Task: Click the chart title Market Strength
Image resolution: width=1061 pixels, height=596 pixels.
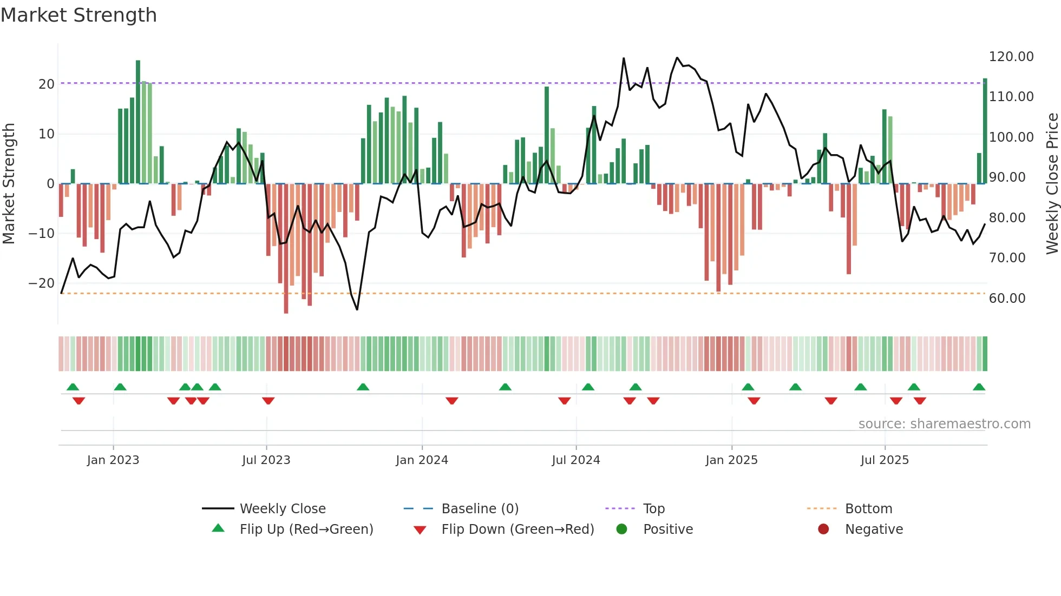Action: click(x=78, y=15)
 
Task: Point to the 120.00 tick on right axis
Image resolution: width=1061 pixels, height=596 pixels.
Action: click(x=1011, y=57)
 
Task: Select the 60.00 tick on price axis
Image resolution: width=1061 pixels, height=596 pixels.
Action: click(x=1007, y=299)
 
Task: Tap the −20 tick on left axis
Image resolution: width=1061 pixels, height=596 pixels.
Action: click(x=42, y=283)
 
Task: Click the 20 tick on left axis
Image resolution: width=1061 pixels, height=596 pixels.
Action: click(x=47, y=84)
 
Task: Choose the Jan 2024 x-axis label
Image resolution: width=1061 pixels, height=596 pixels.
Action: click(x=422, y=460)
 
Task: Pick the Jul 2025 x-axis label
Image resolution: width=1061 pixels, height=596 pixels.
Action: click(x=885, y=460)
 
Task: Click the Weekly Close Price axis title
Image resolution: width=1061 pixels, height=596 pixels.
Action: click(x=1052, y=184)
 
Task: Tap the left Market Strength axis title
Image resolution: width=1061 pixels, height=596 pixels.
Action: click(x=9, y=184)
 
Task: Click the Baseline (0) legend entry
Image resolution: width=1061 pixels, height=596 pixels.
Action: click(x=480, y=509)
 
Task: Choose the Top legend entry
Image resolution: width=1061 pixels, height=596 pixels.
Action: click(x=653, y=509)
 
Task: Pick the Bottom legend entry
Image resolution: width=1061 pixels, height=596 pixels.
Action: click(x=868, y=509)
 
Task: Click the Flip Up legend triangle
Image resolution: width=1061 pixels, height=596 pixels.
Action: click(x=218, y=528)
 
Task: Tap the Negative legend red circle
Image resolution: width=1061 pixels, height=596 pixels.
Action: click(x=823, y=529)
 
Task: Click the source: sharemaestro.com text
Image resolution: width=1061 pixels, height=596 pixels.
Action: click(x=944, y=424)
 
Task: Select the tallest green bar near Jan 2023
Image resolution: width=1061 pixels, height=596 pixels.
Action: click(x=138, y=122)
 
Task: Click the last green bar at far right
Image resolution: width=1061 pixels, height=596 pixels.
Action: click(x=985, y=131)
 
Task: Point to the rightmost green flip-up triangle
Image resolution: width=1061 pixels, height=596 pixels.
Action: click(x=979, y=387)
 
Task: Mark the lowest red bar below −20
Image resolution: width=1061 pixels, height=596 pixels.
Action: click(x=286, y=249)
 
